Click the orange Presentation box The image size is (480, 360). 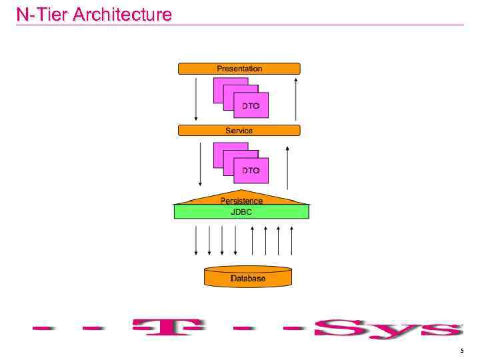pos(239,69)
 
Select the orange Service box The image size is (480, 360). pos(239,131)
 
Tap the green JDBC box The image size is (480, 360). pos(241,212)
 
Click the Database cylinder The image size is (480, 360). pos(248,277)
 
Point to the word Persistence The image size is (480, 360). pos(241,200)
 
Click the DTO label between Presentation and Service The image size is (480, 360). pos(251,107)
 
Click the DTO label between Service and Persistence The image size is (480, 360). pos(251,171)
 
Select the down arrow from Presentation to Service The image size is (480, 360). pos(196,99)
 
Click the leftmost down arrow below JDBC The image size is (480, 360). pos(196,240)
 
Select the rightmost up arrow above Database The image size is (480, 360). pos(291,240)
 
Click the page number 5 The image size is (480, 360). pos(461,351)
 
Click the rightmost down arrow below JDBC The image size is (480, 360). pos(236,240)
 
